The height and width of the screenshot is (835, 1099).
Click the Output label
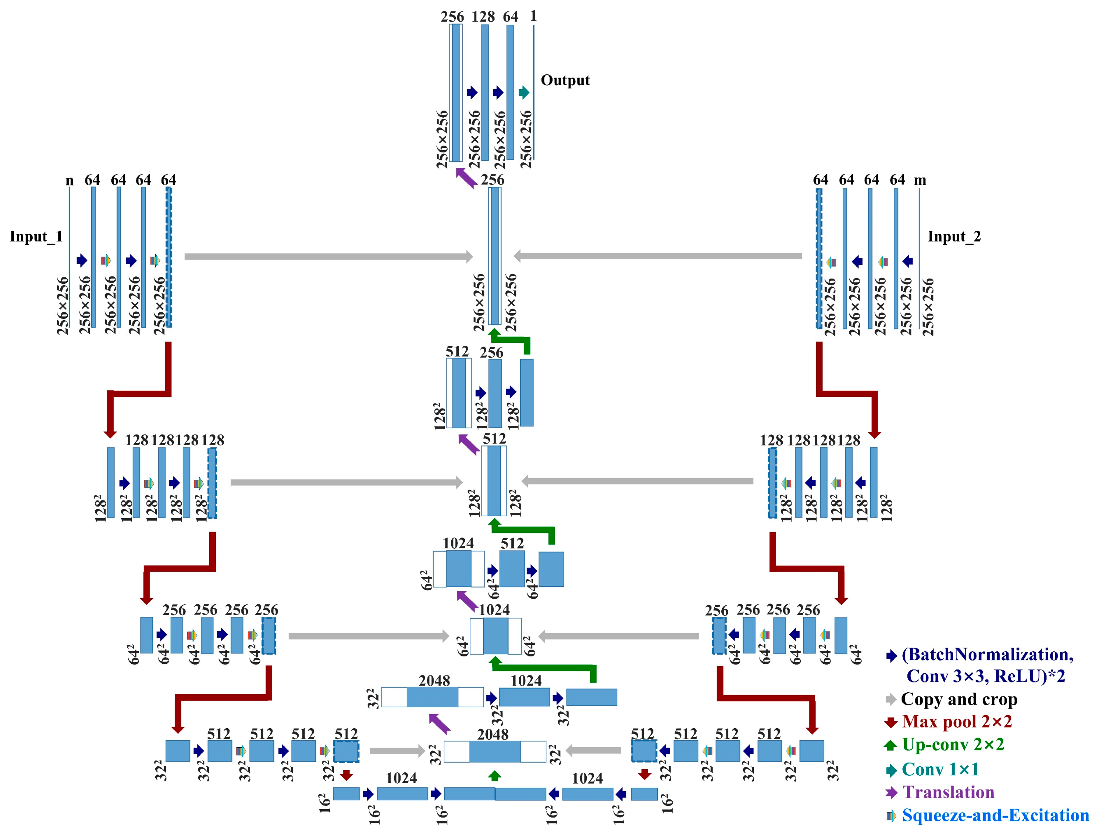565,80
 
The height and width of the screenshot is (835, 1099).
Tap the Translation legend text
948,792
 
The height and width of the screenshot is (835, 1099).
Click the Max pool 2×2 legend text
956,721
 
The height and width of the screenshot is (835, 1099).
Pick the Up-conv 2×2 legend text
953,744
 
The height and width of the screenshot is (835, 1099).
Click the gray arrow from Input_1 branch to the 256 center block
328,256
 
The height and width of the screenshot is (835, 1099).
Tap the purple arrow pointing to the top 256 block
466,178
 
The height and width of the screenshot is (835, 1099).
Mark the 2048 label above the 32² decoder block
434,681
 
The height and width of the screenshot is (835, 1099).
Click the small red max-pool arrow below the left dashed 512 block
346,775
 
